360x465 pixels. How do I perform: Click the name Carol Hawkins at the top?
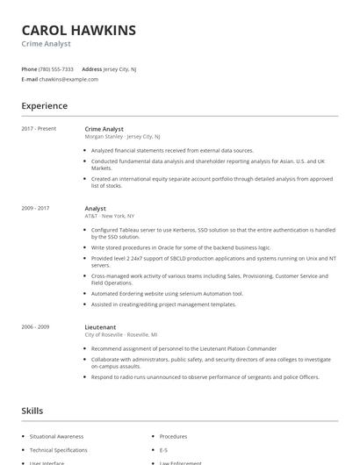[x=79, y=31]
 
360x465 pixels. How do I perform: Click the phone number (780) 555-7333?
[x=57, y=68]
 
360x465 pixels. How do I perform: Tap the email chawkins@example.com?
[x=69, y=79]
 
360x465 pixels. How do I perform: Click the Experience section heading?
[x=45, y=106]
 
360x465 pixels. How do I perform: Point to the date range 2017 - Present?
[x=39, y=129]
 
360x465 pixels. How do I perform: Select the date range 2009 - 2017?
[x=36, y=208]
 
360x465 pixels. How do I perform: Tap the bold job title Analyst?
[x=95, y=208]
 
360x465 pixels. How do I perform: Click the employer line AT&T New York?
[x=110, y=216]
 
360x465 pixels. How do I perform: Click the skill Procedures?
[x=173, y=436]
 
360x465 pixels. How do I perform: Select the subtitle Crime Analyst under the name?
[x=46, y=44]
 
